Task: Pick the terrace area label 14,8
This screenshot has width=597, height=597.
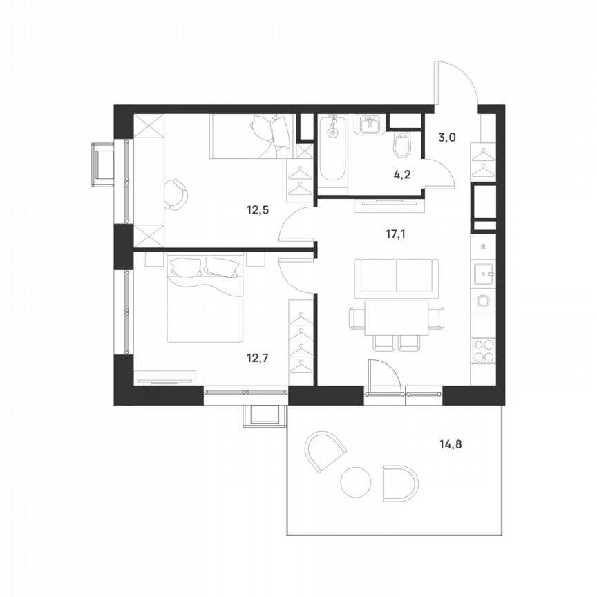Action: (x=449, y=444)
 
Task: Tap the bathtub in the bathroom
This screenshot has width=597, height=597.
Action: (x=333, y=149)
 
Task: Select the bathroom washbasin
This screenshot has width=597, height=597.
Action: (x=369, y=125)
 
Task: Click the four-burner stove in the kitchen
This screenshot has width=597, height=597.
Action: (x=483, y=350)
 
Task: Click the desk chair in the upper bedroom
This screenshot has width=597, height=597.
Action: (x=176, y=194)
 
